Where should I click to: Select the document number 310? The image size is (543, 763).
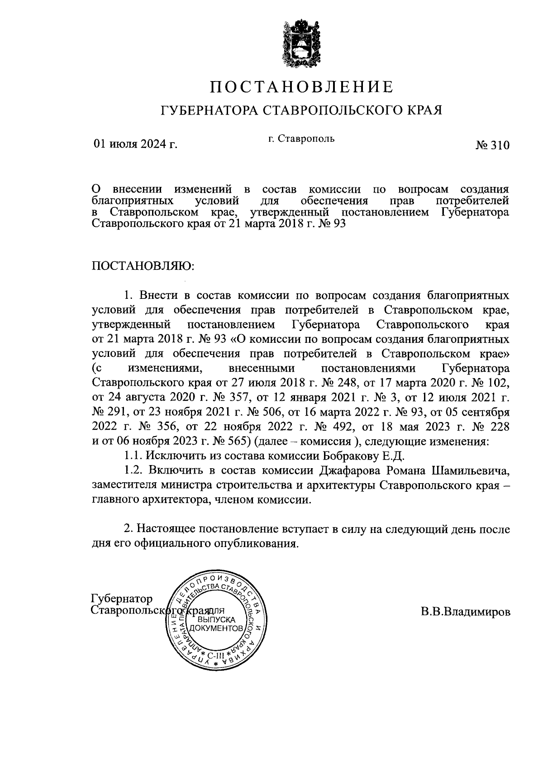pos(499,145)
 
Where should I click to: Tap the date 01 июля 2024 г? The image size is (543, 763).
pos(135,144)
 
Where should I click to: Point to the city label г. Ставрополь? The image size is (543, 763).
pos(300,138)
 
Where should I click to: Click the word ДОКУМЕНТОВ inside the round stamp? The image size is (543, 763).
pos(215,629)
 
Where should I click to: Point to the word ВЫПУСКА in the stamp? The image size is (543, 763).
pos(215,619)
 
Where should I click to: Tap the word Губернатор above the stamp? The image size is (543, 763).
pos(122,599)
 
